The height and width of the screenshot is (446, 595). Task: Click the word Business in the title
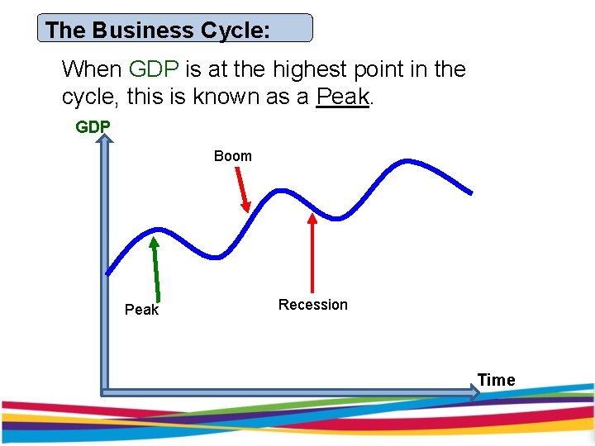coord(143,31)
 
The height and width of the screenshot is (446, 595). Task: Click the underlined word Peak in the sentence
coord(342,97)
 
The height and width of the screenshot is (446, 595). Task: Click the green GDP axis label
coord(93,127)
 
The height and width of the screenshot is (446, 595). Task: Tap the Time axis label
coord(496,380)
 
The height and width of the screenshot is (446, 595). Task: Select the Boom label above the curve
coord(233,156)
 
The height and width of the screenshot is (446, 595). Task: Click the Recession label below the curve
coord(313,305)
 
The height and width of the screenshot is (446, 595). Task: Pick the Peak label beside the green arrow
coord(141,310)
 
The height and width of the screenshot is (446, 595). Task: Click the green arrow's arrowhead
coord(154,243)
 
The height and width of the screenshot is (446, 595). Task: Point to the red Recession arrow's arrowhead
coord(312,219)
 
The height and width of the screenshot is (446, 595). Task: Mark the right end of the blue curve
coord(471,193)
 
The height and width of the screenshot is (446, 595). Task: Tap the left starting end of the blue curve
coord(107,273)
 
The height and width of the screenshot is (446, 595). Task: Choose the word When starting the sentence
coord(92,69)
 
